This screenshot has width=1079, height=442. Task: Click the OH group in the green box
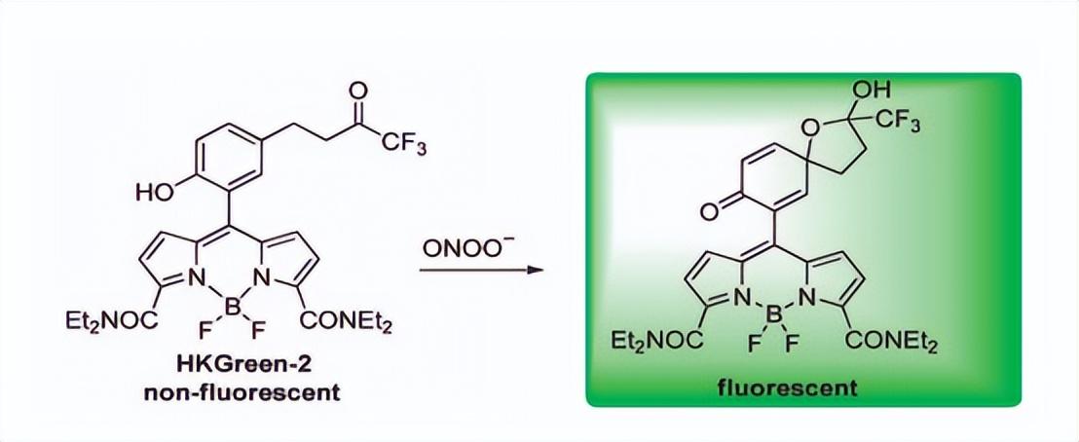[x=870, y=91]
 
